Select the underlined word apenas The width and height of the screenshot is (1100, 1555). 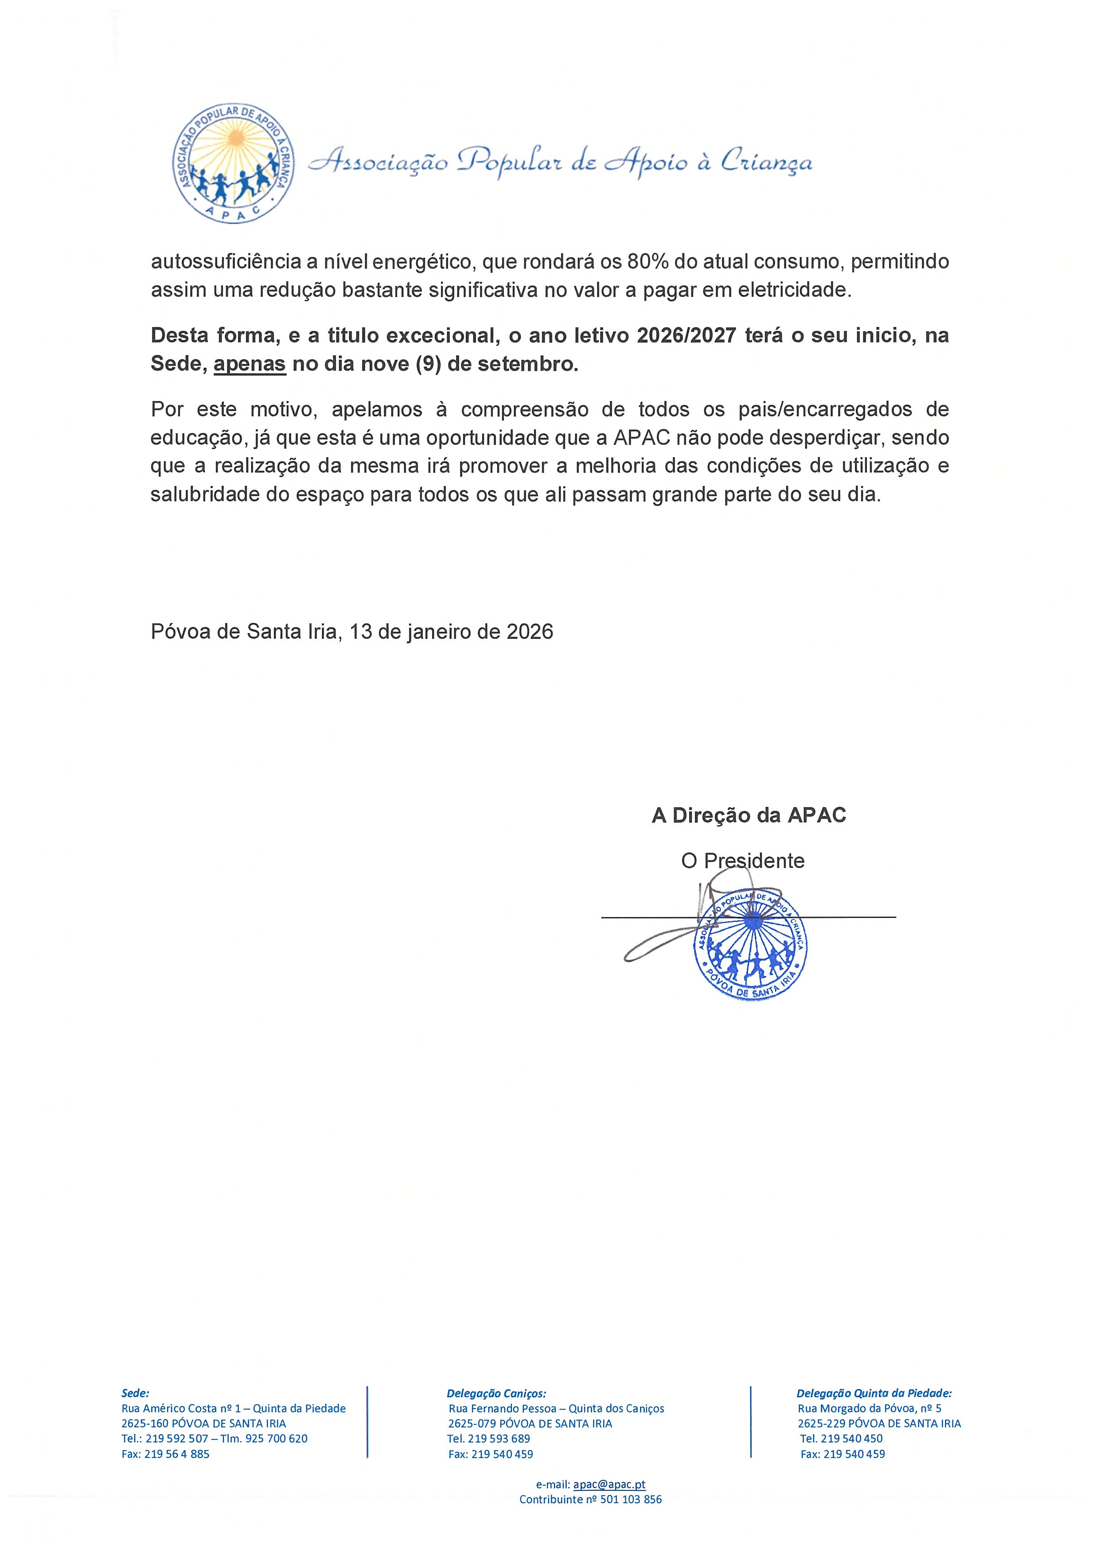249,364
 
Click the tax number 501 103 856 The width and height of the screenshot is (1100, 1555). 631,1500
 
